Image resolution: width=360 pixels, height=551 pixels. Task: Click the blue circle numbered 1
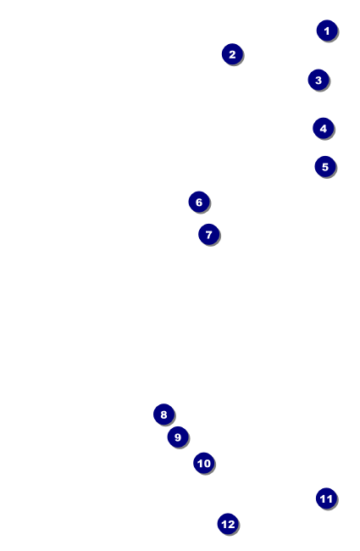coord(327,31)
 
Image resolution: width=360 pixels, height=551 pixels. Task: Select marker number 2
coord(232,54)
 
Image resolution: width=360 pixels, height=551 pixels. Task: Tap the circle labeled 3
coord(318,81)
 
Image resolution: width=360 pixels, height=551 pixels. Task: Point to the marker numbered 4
coord(323,128)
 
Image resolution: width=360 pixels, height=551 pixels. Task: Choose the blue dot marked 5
coord(324,166)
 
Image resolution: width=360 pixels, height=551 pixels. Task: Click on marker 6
coord(198,202)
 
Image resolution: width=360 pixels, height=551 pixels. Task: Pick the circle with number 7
coord(208,234)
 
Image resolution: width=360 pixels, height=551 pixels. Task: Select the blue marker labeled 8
coord(163,415)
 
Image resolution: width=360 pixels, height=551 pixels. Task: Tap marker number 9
coord(177,437)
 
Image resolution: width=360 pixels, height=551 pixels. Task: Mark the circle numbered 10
coord(203,463)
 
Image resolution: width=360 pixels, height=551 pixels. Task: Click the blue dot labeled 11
coord(326,498)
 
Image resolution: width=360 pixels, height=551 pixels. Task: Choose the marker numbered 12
coord(227,524)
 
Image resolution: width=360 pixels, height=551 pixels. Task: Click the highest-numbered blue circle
coord(227,524)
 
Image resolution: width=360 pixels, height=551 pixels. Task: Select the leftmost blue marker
coord(163,415)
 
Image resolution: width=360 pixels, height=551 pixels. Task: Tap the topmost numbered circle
coord(327,31)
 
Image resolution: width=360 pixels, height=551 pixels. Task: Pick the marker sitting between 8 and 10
coord(177,437)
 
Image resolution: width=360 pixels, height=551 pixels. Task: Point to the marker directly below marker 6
coord(208,234)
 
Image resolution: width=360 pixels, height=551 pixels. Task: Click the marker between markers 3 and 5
coord(323,128)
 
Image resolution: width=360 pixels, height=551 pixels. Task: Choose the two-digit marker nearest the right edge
coord(326,498)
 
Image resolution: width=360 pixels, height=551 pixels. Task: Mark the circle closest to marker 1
coord(318,81)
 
